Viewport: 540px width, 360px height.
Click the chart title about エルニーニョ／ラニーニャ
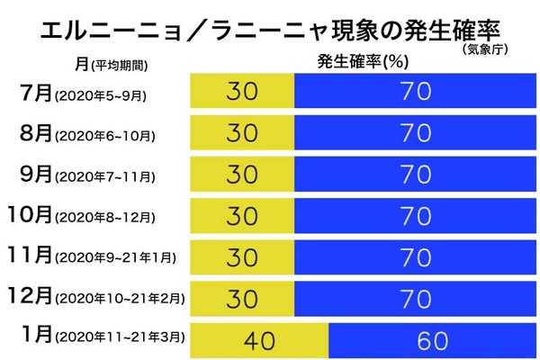point(261,30)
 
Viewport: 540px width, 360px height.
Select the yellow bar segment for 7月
point(243,93)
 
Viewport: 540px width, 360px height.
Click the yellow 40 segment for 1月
point(260,340)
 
